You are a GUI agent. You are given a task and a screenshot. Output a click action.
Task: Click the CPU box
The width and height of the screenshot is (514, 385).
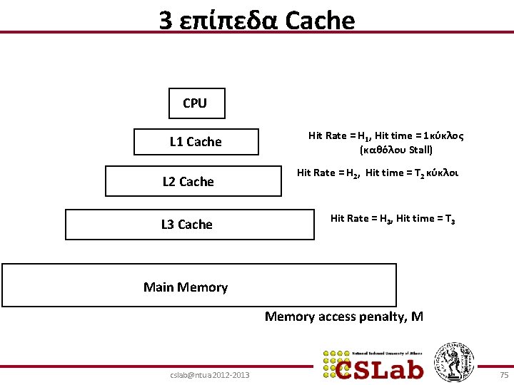point(196,103)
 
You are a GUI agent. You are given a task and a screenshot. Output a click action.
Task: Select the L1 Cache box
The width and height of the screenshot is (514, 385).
point(196,142)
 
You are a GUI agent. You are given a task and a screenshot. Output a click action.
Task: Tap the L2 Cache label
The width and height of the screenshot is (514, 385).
point(188,182)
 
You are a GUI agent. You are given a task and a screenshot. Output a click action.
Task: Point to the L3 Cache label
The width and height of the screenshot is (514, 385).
point(187,225)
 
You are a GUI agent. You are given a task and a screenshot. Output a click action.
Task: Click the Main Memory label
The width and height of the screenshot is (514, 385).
point(186,287)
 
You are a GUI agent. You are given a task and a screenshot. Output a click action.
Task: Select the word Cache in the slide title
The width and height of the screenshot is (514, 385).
point(319,21)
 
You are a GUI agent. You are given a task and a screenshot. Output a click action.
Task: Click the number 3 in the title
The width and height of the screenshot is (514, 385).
point(165,21)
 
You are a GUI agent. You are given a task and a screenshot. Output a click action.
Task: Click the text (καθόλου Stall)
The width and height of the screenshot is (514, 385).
point(396,150)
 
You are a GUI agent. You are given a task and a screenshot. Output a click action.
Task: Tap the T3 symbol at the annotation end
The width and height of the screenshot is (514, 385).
point(450,219)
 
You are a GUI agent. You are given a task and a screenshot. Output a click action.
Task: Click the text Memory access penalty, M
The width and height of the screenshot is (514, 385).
point(344,317)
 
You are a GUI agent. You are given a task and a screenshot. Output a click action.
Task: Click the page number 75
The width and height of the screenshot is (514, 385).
point(504,374)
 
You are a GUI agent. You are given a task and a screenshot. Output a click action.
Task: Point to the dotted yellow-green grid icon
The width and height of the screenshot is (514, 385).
point(335,364)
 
